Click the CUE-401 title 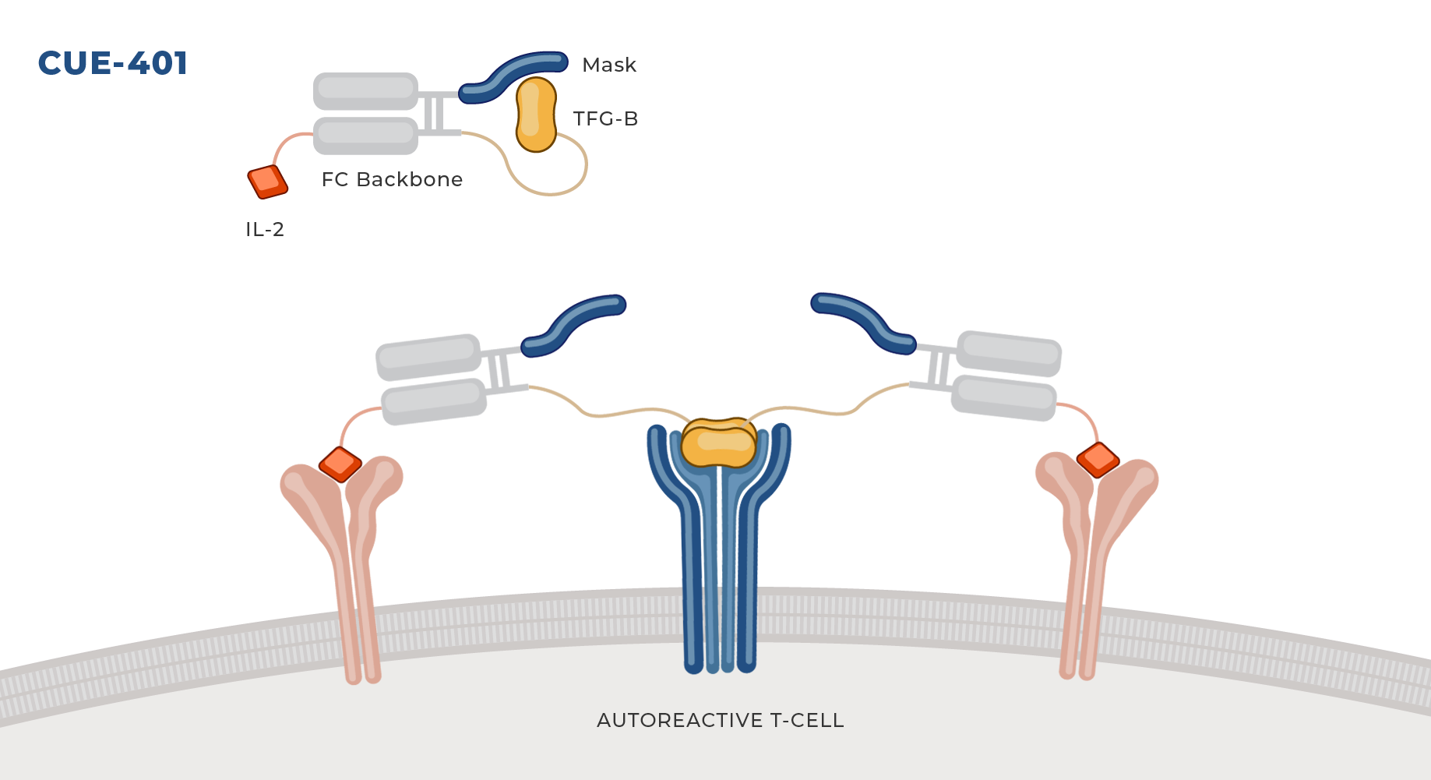pyautogui.click(x=113, y=63)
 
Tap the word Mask pyautogui.click(x=609, y=65)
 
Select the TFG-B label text pyautogui.click(x=605, y=118)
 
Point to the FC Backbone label pyautogui.click(x=392, y=179)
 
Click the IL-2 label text pyautogui.click(x=265, y=229)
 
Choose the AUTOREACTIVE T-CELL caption pyautogui.click(x=721, y=720)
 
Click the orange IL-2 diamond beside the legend pyautogui.click(x=268, y=182)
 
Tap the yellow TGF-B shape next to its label pyautogui.click(x=536, y=115)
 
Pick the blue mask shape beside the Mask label pyautogui.click(x=513, y=76)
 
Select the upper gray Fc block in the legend pyautogui.click(x=366, y=91)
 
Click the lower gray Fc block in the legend pyautogui.click(x=366, y=136)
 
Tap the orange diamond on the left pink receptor pyautogui.click(x=340, y=464)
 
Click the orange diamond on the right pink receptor pyautogui.click(x=1098, y=460)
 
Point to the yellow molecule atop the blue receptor pyautogui.click(x=718, y=443)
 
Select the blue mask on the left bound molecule pyautogui.click(x=573, y=324)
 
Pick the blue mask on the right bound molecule pyautogui.click(x=864, y=323)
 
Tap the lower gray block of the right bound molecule pyautogui.click(x=1004, y=397)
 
